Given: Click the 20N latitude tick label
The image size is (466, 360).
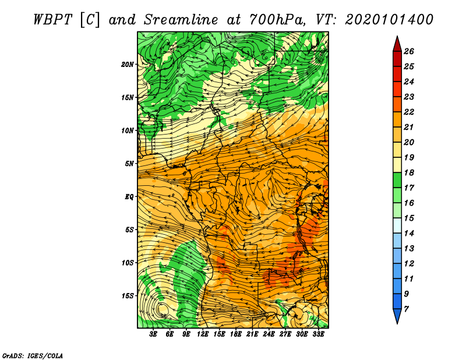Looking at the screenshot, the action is pyautogui.click(x=128, y=65).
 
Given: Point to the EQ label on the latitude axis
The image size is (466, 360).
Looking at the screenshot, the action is pyautogui.click(x=129, y=197).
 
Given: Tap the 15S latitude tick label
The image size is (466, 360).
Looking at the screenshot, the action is pyautogui.click(x=128, y=296).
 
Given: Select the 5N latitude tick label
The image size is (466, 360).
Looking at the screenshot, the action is pyautogui.click(x=129, y=164).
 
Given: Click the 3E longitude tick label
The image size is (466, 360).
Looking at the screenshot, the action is pyautogui.click(x=153, y=334).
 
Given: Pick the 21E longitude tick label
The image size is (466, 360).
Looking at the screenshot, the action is pyautogui.click(x=252, y=334).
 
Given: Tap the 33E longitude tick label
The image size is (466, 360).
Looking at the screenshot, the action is pyautogui.click(x=318, y=334).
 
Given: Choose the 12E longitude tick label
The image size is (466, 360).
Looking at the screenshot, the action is pyautogui.click(x=203, y=334).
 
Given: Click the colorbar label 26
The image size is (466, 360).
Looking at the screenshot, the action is pyautogui.click(x=409, y=51).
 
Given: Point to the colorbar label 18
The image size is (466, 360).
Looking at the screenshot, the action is pyautogui.click(x=409, y=172).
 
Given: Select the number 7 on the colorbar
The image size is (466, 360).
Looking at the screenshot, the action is pyautogui.click(x=406, y=309).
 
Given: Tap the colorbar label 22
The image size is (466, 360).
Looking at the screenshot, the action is pyautogui.click(x=409, y=112).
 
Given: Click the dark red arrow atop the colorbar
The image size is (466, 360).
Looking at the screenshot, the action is pyautogui.click(x=397, y=45).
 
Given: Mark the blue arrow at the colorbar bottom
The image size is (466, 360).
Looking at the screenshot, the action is pyautogui.click(x=397, y=315).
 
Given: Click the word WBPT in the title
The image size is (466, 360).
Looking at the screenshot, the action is pyautogui.click(x=52, y=20).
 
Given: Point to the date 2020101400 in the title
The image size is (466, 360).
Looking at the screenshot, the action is pyautogui.click(x=389, y=20).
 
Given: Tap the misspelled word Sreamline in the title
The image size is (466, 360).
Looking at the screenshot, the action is pyautogui.click(x=181, y=20).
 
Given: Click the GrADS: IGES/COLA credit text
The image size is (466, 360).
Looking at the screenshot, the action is pyautogui.click(x=33, y=355).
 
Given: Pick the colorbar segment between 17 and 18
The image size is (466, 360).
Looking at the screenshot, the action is pyautogui.click(x=397, y=180).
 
